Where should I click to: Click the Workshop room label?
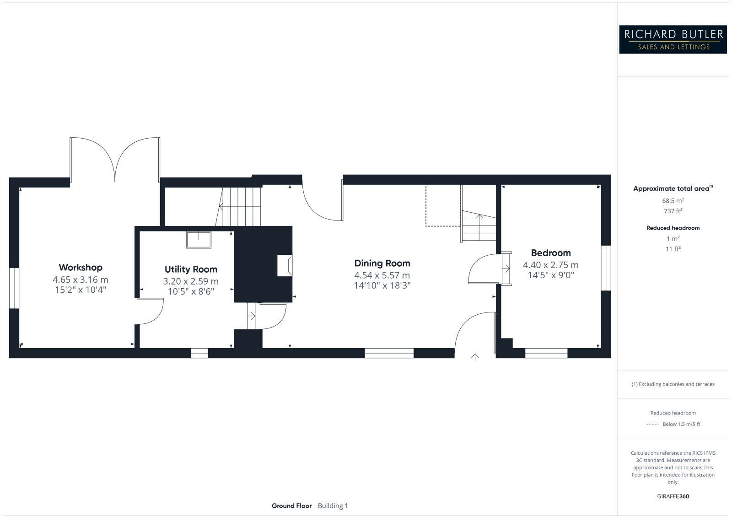pyautogui.click(x=81, y=268)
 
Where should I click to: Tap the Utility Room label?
pyautogui.click(x=191, y=269)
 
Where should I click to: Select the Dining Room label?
pyautogui.click(x=382, y=263)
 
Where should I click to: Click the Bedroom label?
pyautogui.click(x=551, y=253)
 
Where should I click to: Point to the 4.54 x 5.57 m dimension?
pyautogui.click(x=382, y=275)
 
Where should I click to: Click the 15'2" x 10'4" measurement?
pyautogui.click(x=81, y=290)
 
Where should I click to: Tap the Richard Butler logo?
pyautogui.click(x=673, y=39)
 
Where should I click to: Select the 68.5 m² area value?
pyautogui.click(x=673, y=201)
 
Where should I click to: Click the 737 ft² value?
pyautogui.click(x=673, y=211)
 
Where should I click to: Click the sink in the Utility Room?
pyautogui.click(x=199, y=240)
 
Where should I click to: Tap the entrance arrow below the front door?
pyautogui.click(x=475, y=357)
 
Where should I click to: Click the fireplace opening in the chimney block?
pyautogui.click(x=285, y=266)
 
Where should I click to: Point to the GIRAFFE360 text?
pyautogui.click(x=673, y=496)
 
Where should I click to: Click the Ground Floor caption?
pyautogui.click(x=291, y=506)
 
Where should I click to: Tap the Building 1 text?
pyautogui.click(x=333, y=506)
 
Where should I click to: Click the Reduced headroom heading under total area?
pyautogui.click(x=673, y=228)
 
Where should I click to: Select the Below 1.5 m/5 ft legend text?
pyautogui.click(x=681, y=424)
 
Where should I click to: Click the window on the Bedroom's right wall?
pyautogui.click(x=606, y=268)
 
